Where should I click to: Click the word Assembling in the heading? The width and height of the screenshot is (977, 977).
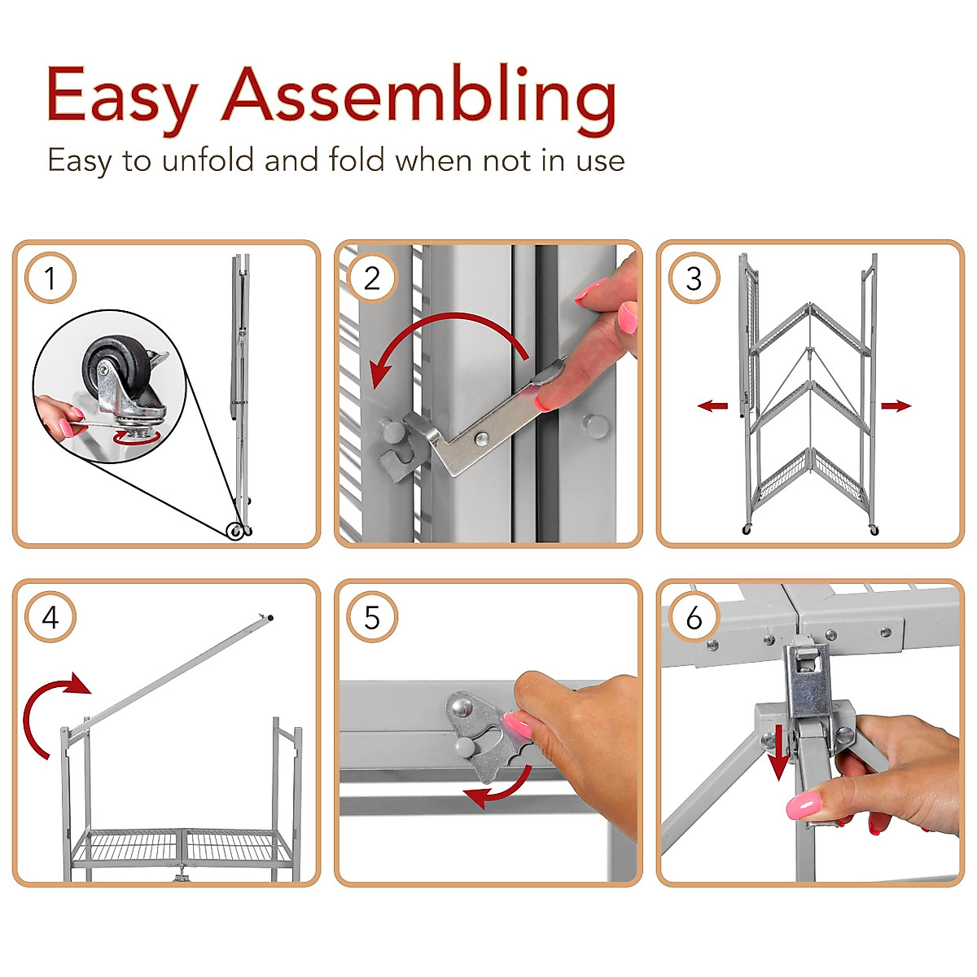419,99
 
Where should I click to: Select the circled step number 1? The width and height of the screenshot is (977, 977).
50,278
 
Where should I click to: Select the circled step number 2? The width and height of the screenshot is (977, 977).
372,278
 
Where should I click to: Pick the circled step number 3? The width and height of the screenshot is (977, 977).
694,278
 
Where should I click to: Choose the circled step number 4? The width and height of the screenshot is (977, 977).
50,618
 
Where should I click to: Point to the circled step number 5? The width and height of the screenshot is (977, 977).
372,618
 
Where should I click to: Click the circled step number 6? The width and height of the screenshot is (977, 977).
694,618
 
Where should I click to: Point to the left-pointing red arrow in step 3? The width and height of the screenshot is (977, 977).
713,405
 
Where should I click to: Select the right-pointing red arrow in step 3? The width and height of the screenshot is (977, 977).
896,405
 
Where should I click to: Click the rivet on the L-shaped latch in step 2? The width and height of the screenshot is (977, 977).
481,439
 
